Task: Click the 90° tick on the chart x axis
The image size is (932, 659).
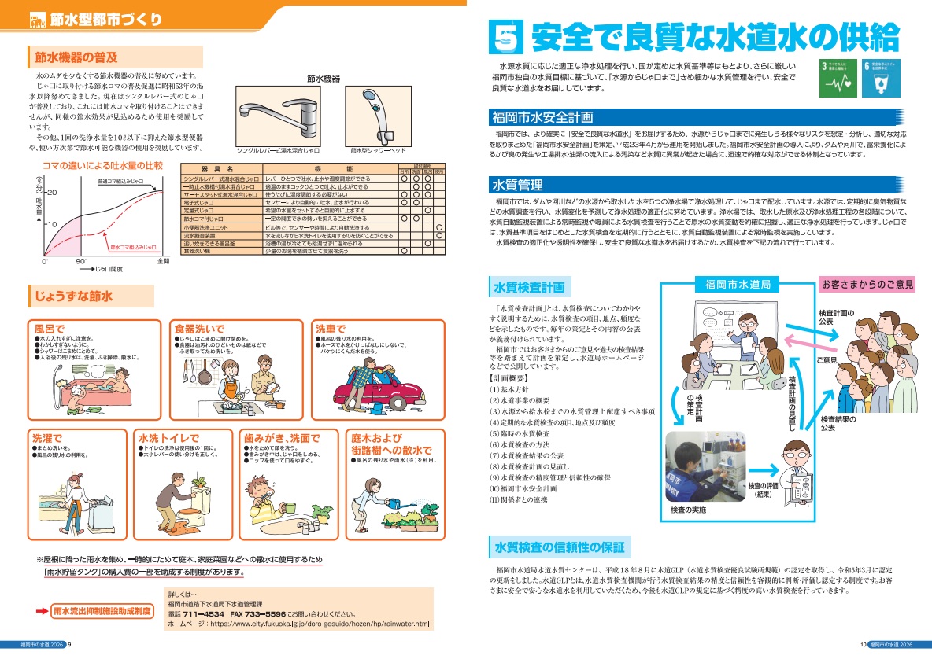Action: tap(80, 260)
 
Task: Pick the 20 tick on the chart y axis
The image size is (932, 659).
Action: tap(52, 192)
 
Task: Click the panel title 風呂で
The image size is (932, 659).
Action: tap(50, 327)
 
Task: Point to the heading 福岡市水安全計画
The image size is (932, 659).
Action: tap(542, 118)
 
